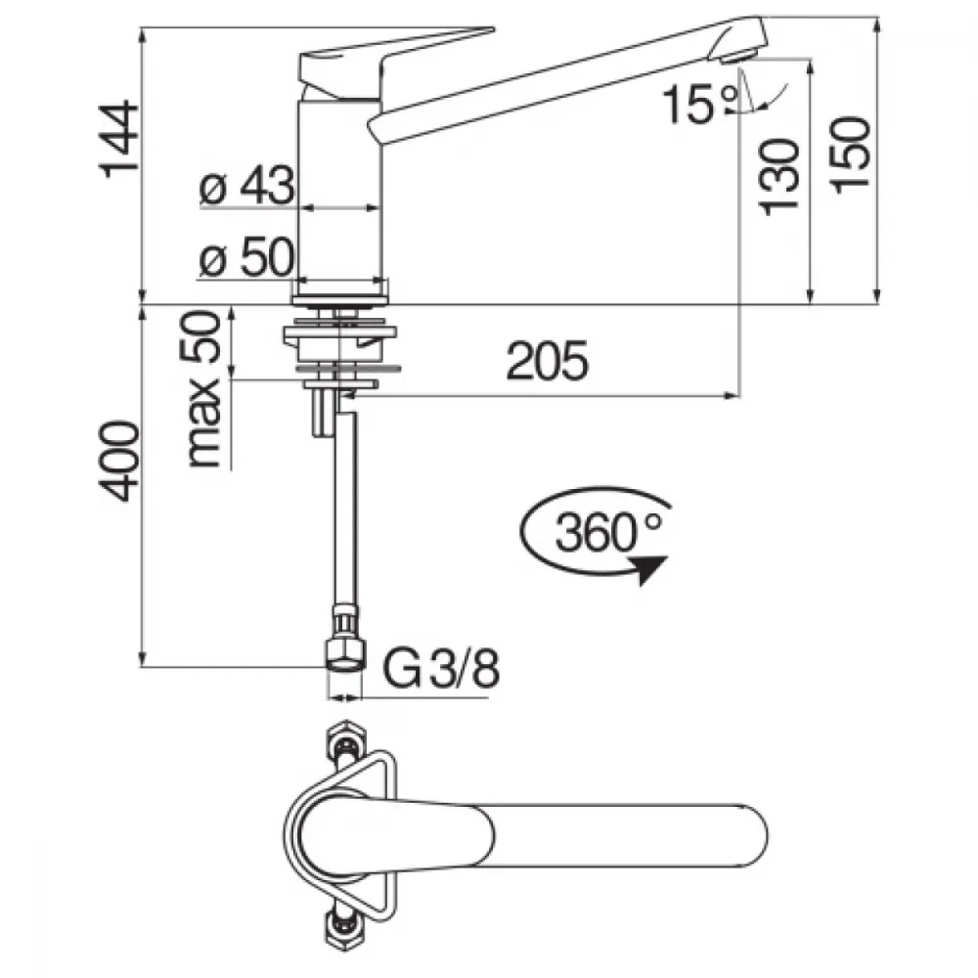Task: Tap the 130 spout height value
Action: click(x=779, y=177)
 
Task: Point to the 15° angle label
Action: click(x=699, y=104)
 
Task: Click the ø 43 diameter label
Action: click(x=246, y=185)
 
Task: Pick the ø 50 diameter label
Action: click(x=245, y=256)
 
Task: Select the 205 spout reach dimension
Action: click(x=547, y=361)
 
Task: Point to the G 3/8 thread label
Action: click(x=441, y=668)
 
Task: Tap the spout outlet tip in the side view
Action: click(x=738, y=58)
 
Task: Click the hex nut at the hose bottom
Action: click(x=343, y=658)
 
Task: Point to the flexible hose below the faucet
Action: click(x=346, y=511)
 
